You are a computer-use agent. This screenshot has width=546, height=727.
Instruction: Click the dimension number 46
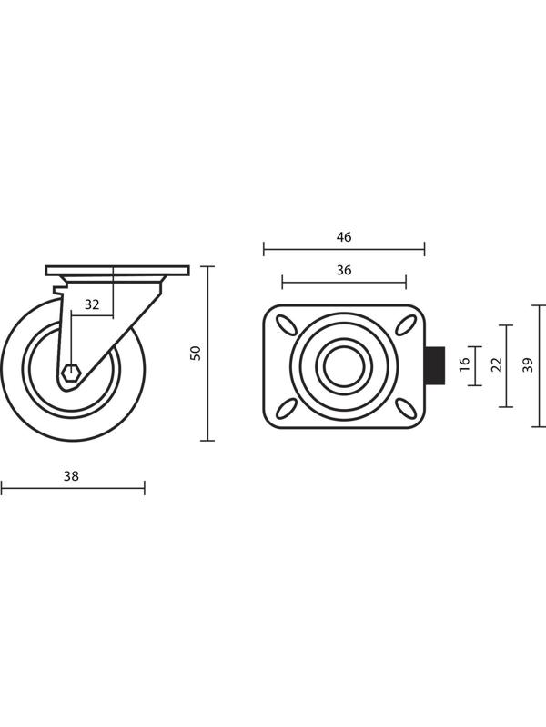[344, 237]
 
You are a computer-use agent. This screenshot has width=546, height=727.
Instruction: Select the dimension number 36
[344, 270]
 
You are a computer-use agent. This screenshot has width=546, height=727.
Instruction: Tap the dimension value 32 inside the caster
[92, 304]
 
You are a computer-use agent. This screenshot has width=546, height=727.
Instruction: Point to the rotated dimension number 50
[197, 354]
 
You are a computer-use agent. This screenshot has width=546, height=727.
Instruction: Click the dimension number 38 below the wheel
[72, 476]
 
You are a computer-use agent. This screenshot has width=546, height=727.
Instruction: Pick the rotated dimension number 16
[465, 363]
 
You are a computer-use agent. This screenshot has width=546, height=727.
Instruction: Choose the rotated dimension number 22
[497, 364]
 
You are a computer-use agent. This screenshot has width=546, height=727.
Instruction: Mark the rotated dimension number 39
[528, 365]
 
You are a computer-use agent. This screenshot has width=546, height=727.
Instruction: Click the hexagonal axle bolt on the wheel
[72, 373]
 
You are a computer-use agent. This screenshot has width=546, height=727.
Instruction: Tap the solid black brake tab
[436, 366]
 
